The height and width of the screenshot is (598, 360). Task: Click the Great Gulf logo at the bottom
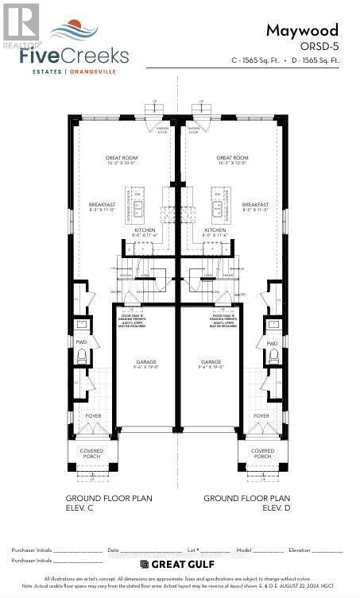[179, 564]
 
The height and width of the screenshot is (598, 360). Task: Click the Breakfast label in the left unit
[103, 207]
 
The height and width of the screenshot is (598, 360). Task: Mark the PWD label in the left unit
[82, 343]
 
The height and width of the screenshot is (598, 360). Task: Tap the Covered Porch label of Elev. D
[262, 453]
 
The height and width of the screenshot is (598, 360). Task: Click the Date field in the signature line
[131, 550]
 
